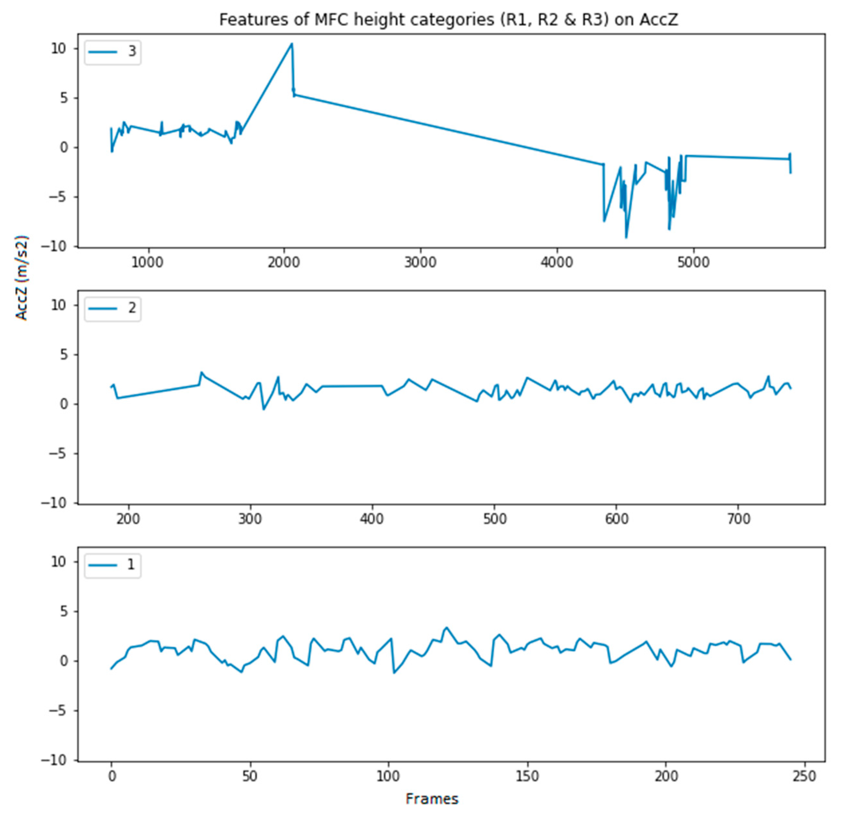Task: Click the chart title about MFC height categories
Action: click(x=448, y=20)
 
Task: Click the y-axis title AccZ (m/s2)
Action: click(x=22, y=278)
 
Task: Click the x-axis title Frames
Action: click(x=432, y=798)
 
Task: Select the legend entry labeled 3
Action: click(x=113, y=51)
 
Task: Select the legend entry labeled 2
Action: click(x=113, y=308)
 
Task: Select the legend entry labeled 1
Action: click(x=113, y=565)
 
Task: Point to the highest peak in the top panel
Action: click(x=291, y=43)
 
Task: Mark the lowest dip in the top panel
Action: click(x=626, y=238)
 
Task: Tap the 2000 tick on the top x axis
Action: click(x=284, y=262)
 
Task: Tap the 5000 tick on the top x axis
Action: click(x=693, y=262)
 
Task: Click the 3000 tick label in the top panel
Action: click(x=420, y=262)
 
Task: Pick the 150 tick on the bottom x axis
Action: click(x=527, y=776)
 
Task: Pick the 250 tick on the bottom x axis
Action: click(x=805, y=776)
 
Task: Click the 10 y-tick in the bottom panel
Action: click(x=59, y=562)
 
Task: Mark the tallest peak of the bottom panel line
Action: click(x=446, y=627)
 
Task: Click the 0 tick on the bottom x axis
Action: click(x=112, y=776)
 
